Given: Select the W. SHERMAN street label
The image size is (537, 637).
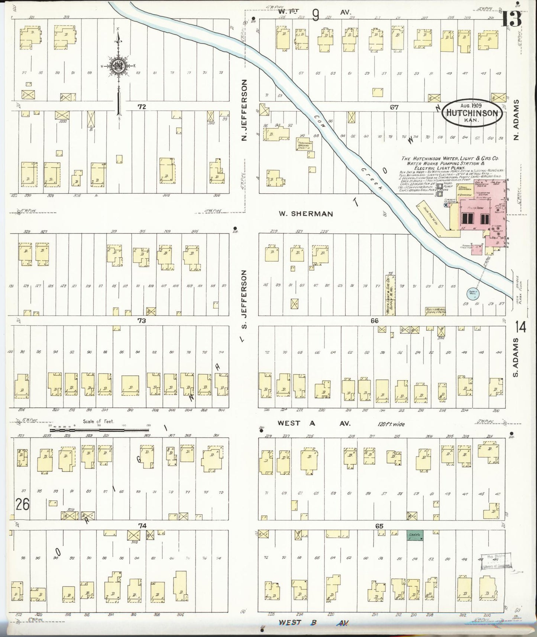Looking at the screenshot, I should (x=306, y=214).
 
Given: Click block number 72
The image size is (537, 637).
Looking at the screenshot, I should (x=142, y=107).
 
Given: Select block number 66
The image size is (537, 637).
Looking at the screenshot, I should (x=374, y=321).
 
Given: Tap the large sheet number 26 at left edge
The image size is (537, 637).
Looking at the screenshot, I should (x=22, y=504).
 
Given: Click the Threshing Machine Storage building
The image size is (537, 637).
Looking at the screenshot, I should (x=303, y=145).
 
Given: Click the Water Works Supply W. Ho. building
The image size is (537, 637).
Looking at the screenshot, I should (x=435, y=310).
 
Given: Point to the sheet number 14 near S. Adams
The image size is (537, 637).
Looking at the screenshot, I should (x=521, y=327).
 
